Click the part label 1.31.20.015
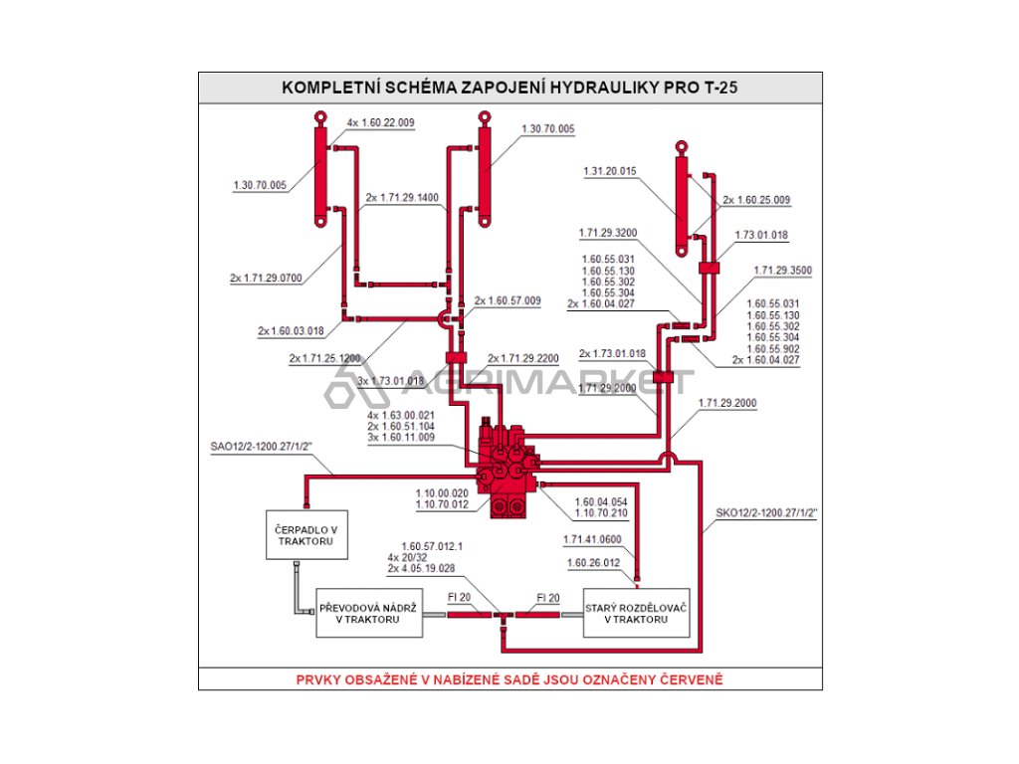tap(609, 171)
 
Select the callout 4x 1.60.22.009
tap(380, 123)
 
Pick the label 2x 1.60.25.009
tap(756, 200)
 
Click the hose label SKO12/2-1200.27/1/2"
tap(766, 514)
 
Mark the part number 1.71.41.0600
tap(592, 539)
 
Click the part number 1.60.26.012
tap(592, 562)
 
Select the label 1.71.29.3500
tap(782, 270)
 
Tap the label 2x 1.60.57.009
tap(508, 300)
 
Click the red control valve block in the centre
tap(507, 468)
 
